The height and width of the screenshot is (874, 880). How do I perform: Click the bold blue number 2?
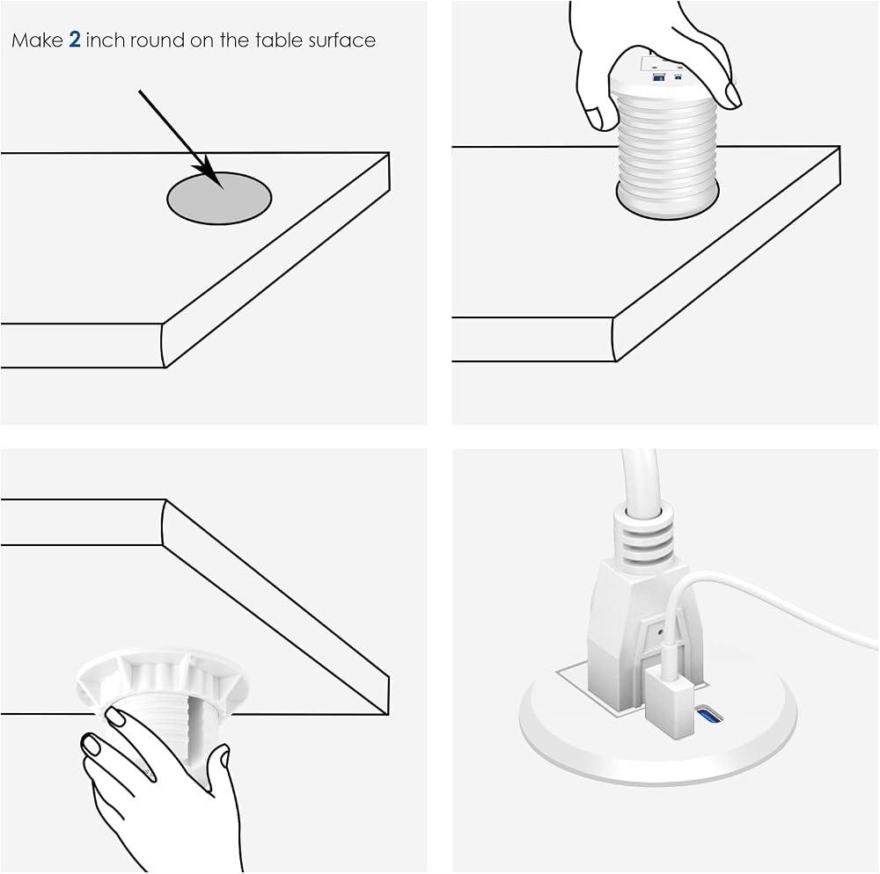[75, 40]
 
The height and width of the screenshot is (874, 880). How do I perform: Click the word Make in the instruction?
[37, 40]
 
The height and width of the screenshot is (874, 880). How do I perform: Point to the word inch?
[106, 40]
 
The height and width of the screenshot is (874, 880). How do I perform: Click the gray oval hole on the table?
[219, 198]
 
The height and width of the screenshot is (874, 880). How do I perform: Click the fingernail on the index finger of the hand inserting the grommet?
[733, 94]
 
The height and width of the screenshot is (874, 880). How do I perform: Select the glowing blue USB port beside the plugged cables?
[709, 716]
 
